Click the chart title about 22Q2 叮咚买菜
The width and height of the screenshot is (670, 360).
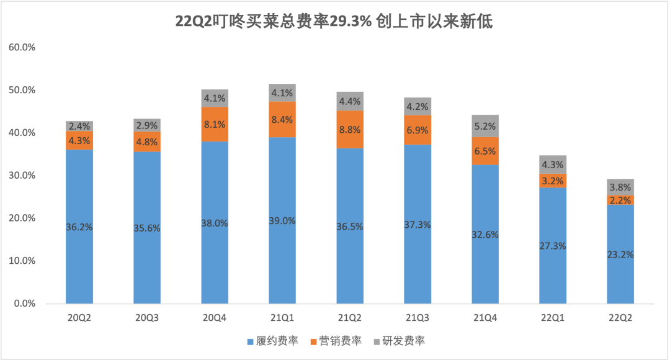coord(334,22)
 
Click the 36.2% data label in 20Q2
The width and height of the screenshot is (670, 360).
coord(79,227)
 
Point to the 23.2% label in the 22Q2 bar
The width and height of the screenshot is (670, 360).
coord(621,255)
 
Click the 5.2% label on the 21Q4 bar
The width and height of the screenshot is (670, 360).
coord(485,127)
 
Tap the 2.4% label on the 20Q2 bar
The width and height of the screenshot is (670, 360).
coord(79,127)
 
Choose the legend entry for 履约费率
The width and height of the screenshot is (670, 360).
coord(273,341)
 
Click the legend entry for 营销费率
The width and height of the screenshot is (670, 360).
coord(337,341)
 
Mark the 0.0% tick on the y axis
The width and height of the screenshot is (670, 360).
coord(23,304)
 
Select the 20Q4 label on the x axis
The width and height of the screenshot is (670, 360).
coord(215,317)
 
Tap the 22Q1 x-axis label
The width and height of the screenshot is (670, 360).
coord(553,317)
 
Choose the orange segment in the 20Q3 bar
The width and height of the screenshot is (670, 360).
coord(147,142)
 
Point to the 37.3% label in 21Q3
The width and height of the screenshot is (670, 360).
coord(418,225)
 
